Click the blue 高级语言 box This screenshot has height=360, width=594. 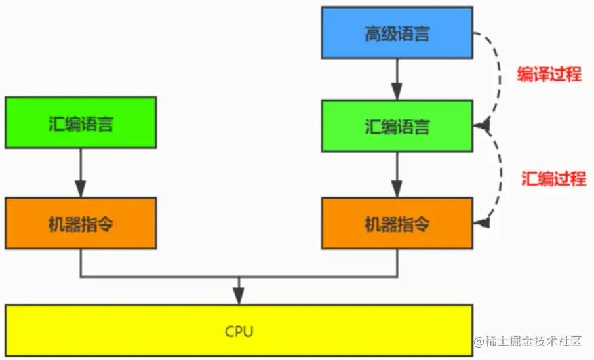coord(397,33)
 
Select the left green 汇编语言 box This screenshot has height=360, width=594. coord(81,123)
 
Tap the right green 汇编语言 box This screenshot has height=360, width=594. coord(397,126)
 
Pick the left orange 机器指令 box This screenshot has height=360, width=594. coord(81,223)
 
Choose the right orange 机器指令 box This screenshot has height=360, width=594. coord(397,223)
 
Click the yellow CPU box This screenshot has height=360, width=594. coord(238,332)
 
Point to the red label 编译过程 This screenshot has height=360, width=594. coord(549,75)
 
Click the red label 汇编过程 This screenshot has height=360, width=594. coord(553,179)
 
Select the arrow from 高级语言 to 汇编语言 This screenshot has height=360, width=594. coord(397,79)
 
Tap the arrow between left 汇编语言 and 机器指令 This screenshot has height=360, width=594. coord(81,172)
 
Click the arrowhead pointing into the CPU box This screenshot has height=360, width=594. coord(238,296)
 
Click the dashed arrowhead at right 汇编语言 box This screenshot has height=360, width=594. coord(482,125)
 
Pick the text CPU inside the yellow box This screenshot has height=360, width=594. coord(238,332)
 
